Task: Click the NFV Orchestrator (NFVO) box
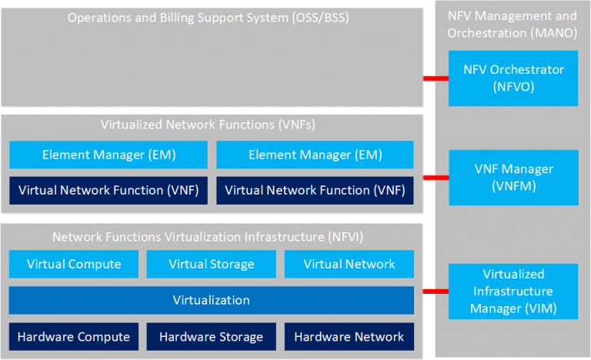click(x=513, y=78)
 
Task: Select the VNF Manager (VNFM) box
click(x=513, y=178)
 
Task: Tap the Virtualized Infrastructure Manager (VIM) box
click(x=513, y=292)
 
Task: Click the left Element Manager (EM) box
click(x=109, y=155)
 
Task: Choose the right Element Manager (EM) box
click(x=315, y=155)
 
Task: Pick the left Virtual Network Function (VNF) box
click(x=109, y=190)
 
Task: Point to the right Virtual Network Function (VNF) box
click(x=315, y=190)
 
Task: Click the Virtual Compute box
click(x=74, y=264)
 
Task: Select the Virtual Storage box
click(x=211, y=264)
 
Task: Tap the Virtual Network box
click(x=349, y=264)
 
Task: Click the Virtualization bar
click(x=211, y=300)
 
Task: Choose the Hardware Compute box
click(x=74, y=336)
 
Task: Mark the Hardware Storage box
click(x=211, y=336)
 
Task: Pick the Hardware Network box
click(x=349, y=336)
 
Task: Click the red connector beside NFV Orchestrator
click(x=436, y=78)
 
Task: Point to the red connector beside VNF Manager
click(x=436, y=178)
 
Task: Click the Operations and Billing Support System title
click(x=209, y=18)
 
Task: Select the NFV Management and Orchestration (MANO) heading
click(x=513, y=24)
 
